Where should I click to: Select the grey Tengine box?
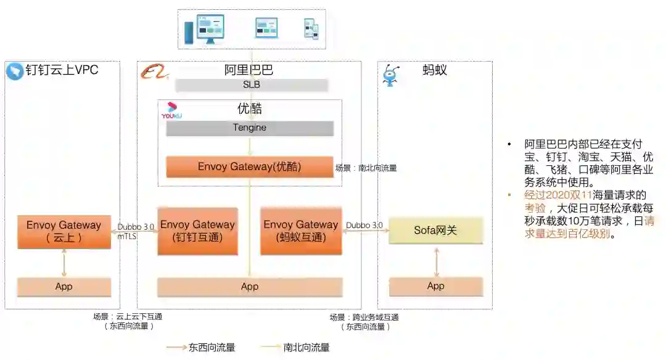click(x=250, y=128)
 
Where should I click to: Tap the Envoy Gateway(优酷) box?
click(x=250, y=166)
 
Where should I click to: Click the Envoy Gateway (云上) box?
click(x=64, y=231)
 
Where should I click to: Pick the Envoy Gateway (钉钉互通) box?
click(x=197, y=231)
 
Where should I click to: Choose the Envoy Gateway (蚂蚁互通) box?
click(x=301, y=231)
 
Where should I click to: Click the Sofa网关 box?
click(x=436, y=231)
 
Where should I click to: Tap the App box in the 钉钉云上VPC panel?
click(x=64, y=287)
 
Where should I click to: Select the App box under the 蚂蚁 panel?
click(x=436, y=286)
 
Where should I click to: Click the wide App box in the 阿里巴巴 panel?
click(x=250, y=287)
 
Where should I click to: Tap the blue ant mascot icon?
click(x=390, y=75)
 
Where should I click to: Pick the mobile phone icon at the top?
click(x=311, y=29)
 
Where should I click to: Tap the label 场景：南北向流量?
click(x=366, y=168)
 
